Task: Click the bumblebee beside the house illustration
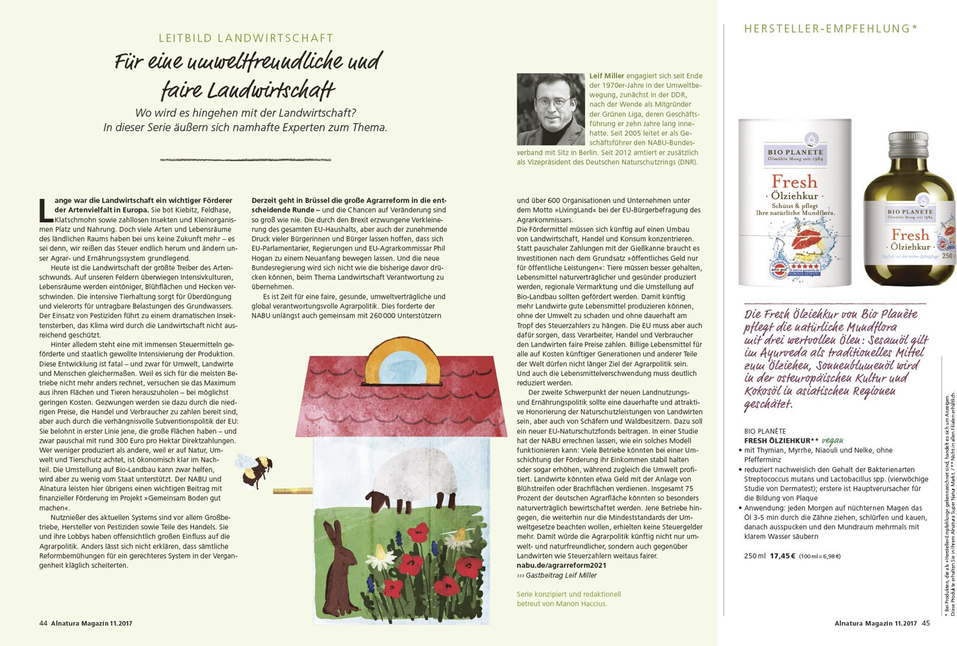point(256,470)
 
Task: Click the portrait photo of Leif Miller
point(550,109)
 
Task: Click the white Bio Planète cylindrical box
point(794,203)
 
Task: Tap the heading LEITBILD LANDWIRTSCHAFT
point(246,38)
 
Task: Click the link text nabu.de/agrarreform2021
point(561,565)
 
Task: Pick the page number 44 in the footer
point(43,623)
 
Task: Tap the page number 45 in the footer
point(926,623)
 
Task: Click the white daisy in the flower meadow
point(384,557)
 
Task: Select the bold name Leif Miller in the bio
point(606,76)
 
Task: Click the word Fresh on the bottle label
point(910,234)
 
